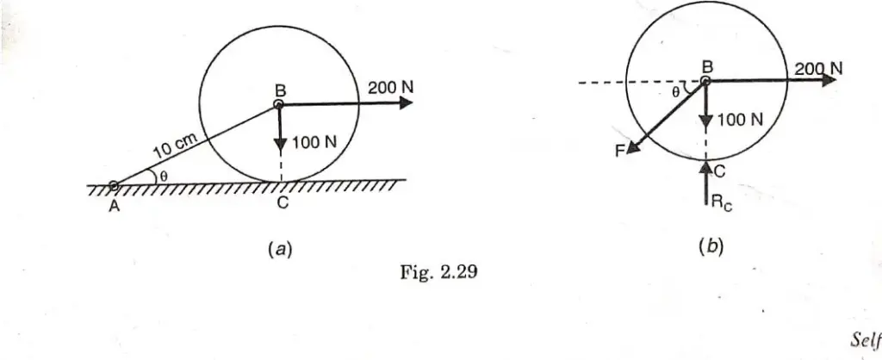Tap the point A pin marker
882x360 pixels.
tap(114, 185)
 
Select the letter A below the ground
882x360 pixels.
tap(115, 207)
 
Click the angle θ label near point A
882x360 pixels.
tap(163, 175)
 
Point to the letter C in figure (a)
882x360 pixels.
tap(283, 203)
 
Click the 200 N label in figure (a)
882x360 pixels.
tap(391, 88)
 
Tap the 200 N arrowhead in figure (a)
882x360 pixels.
tap(407, 103)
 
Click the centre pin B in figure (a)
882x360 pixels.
tap(278, 104)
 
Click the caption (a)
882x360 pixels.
tap(280, 249)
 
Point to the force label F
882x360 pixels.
tap(619, 152)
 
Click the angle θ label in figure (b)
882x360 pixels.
tap(676, 93)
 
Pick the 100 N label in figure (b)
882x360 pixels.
tap(740, 119)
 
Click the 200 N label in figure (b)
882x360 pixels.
tap(818, 69)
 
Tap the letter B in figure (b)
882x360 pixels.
tap(708, 67)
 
